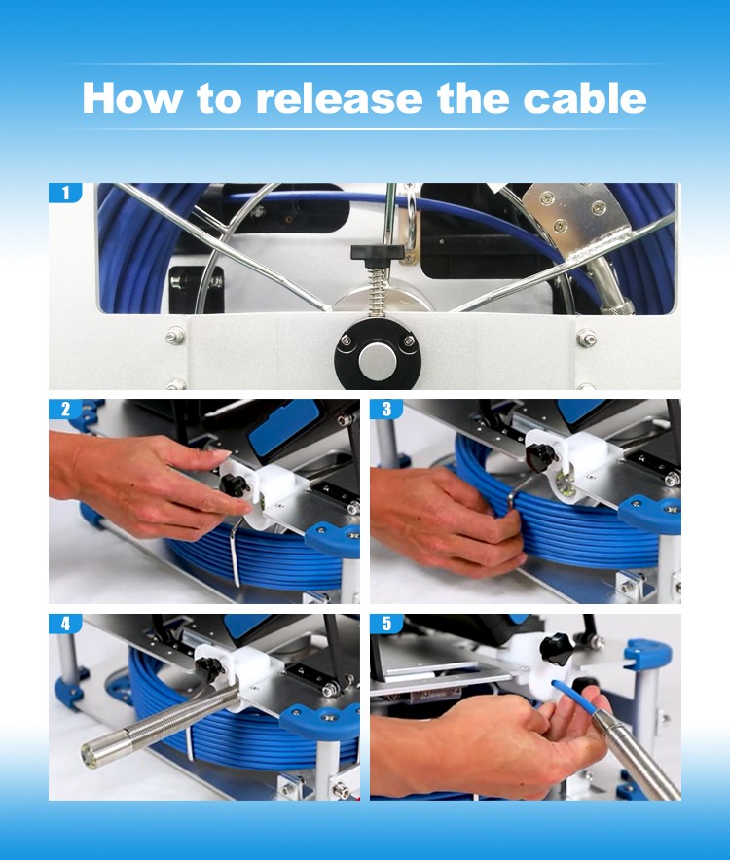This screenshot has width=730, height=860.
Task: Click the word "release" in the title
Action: [x=339, y=98]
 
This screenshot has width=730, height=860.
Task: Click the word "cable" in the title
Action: [x=585, y=98]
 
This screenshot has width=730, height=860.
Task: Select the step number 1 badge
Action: [x=66, y=193]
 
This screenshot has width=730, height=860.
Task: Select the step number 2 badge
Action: [x=66, y=410]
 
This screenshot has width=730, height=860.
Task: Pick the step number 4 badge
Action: [x=66, y=624]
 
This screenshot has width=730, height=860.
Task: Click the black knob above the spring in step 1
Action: [x=377, y=253]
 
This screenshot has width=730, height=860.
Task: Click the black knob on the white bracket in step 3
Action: [x=539, y=453]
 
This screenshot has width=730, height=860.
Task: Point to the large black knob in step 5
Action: [x=556, y=650]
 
